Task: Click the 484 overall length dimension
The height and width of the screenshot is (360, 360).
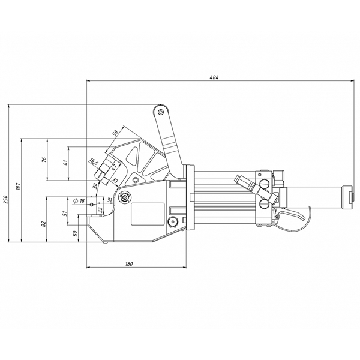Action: [214, 77]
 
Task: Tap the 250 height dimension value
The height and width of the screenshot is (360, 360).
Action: [6, 200]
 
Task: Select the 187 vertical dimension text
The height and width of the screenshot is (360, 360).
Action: [19, 187]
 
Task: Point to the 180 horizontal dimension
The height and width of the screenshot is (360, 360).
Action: [129, 264]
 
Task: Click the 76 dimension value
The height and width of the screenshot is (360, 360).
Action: [45, 160]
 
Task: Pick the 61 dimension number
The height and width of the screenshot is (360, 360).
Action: [65, 163]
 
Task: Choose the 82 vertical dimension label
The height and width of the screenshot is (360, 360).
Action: [44, 223]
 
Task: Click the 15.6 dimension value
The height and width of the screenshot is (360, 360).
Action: [94, 161]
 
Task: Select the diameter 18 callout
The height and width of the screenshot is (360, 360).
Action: [79, 201]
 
